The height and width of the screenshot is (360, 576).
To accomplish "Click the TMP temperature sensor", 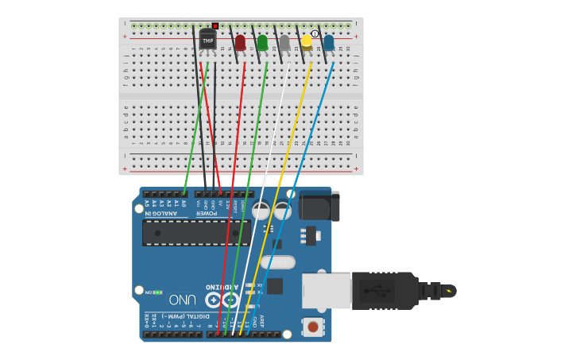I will click(207, 39).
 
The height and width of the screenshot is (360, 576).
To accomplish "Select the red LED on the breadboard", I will click(240, 42).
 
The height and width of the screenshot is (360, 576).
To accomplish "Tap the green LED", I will click(262, 42).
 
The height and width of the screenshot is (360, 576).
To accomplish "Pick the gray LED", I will click(284, 42).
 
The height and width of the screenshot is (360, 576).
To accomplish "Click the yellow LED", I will click(307, 41).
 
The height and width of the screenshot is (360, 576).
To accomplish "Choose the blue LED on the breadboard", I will click(329, 42).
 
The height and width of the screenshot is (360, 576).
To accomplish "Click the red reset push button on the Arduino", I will click(313, 326).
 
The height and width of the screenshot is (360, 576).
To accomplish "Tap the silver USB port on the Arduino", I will click(327, 290).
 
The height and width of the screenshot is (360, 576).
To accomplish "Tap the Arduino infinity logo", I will click(222, 300).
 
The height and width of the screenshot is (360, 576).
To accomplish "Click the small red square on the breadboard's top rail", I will click(215, 26).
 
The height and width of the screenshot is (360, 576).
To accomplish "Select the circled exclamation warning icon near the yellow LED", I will click(315, 33).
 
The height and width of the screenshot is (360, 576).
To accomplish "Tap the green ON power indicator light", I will click(158, 292).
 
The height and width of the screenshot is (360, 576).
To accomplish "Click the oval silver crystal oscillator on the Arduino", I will click(277, 261).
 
